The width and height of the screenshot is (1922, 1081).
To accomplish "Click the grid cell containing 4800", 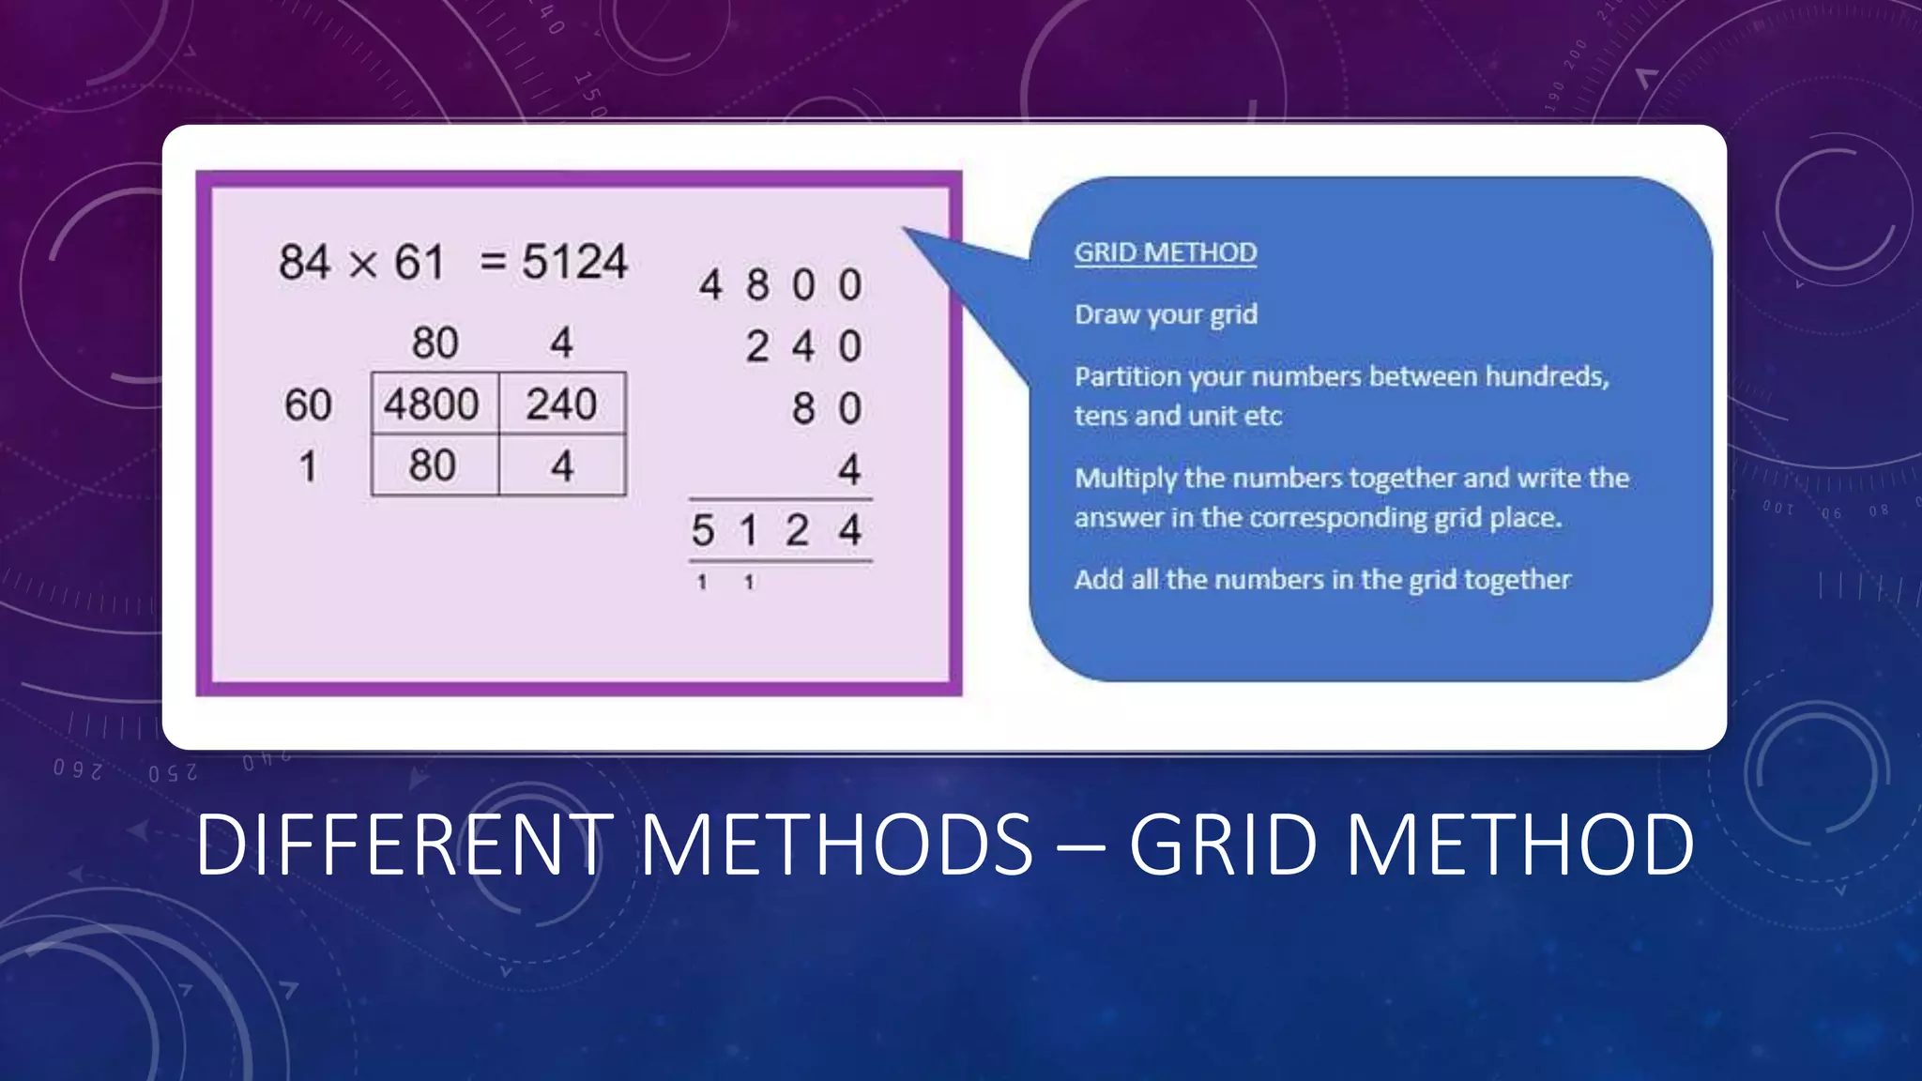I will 433,404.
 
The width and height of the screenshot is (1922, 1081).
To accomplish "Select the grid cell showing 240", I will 561,404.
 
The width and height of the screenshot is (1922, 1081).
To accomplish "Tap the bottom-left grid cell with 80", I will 433,465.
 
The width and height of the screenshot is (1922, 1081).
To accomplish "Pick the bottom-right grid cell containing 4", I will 562,465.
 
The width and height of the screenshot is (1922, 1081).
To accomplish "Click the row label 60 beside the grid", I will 308,405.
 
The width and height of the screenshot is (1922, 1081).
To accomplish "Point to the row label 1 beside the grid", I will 308,466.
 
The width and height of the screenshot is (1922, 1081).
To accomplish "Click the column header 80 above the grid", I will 435,343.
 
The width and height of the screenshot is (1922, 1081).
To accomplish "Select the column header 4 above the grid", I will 561,343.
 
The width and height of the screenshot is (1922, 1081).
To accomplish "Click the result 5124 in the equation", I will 574,261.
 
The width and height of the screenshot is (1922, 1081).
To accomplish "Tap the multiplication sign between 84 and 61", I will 362,265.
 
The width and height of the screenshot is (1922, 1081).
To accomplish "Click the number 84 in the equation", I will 304,262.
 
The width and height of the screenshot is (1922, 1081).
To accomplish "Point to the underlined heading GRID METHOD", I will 1165,252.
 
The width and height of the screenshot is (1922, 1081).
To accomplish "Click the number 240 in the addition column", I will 803,347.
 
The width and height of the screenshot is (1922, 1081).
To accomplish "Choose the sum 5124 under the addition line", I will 777,531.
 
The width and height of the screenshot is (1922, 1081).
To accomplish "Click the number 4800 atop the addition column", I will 780,284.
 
